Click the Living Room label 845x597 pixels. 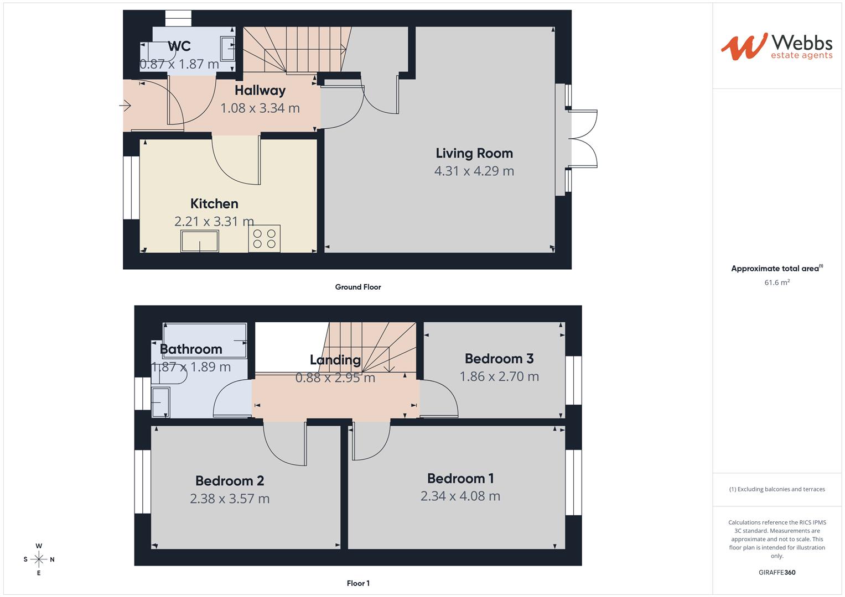pyautogui.click(x=474, y=154)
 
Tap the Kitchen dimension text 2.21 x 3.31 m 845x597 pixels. pyautogui.click(x=214, y=221)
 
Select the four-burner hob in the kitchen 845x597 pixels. pyautogui.click(x=264, y=239)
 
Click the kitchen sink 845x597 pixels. pyautogui.click(x=200, y=241)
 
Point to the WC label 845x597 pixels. pyautogui.click(x=179, y=46)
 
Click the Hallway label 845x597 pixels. pyautogui.click(x=260, y=91)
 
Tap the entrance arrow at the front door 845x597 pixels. pyautogui.click(x=125, y=106)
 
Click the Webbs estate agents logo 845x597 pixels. pyautogui.click(x=777, y=47)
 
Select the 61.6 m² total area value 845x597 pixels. pyautogui.click(x=777, y=282)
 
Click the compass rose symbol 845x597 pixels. pyautogui.click(x=39, y=559)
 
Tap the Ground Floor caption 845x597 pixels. pyautogui.click(x=358, y=287)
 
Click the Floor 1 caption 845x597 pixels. pyautogui.click(x=358, y=583)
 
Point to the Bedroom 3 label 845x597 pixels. pyautogui.click(x=499, y=358)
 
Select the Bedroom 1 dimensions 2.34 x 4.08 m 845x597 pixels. pyautogui.click(x=460, y=496)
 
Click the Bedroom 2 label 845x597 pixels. pyautogui.click(x=230, y=481)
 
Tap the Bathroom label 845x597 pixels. pyautogui.click(x=191, y=349)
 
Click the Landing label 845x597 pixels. pyautogui.click(x=335, y=360)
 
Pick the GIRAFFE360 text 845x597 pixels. pyautogui.click(x=777, y=572)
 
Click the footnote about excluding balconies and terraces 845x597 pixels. pyautogui.click(x=777, y=489)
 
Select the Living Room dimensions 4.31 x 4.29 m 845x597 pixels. pyautogui.click(x=474, y=171)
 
